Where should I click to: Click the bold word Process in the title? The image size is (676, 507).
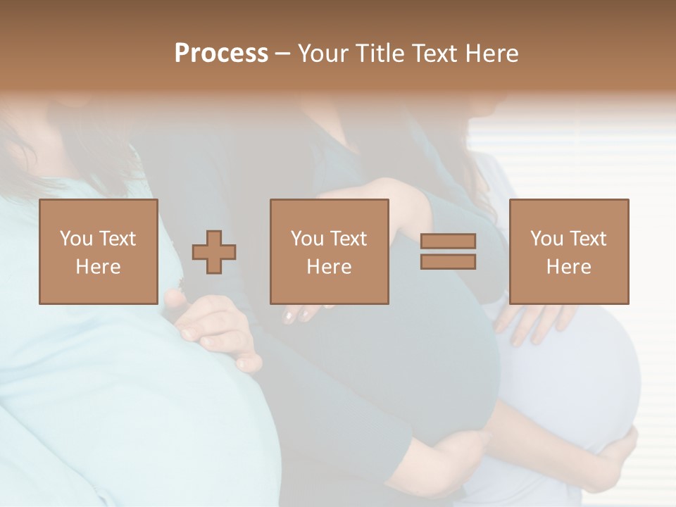(x=221, y=54)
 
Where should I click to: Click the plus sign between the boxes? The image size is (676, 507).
(x=214, y=252)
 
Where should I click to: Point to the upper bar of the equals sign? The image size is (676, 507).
(x=448, y=242)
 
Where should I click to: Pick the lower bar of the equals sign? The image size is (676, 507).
(x=448, y=262)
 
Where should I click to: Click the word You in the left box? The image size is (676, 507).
(x=76, y=239)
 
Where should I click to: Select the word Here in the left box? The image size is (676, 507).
(x=98, y=267)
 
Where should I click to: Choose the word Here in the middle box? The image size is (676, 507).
(x=329, y=267)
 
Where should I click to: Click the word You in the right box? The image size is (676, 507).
(x=546, y=239)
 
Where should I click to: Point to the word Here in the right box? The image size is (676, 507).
(x=568, y=267)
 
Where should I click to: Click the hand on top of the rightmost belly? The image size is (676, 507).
(x=535, y=320)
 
